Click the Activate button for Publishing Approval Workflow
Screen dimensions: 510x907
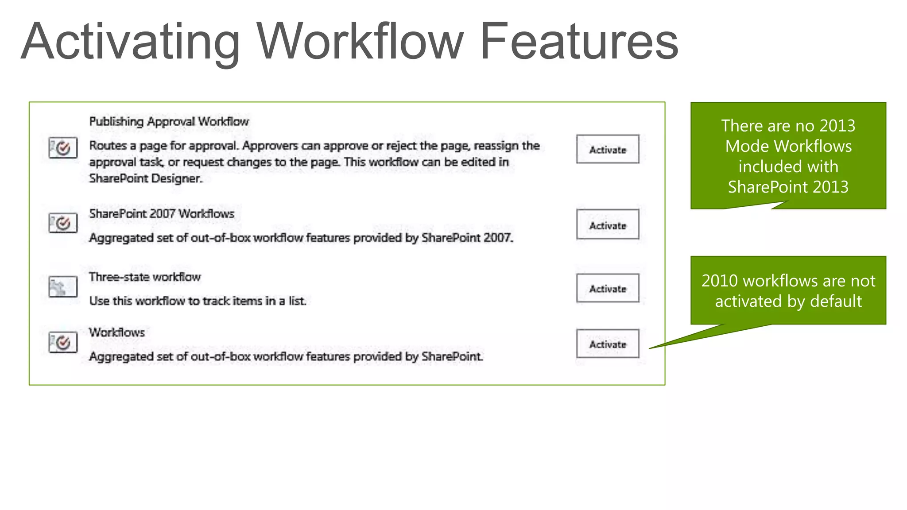607,149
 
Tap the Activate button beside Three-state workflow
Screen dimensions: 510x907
607,288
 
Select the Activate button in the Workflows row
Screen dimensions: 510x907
607,344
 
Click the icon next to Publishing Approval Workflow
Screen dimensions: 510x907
63,147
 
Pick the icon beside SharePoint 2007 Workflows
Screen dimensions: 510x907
63,223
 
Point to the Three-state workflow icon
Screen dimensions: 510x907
63,287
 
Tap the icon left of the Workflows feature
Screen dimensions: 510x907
63,342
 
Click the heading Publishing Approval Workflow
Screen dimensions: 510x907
169,121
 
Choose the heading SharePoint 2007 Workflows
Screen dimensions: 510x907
162,213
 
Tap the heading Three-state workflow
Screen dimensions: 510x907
145,277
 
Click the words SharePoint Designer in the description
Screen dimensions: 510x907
145,178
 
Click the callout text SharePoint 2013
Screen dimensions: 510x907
788,187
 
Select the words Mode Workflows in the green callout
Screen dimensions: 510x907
788,146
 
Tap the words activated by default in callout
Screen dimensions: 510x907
788,301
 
